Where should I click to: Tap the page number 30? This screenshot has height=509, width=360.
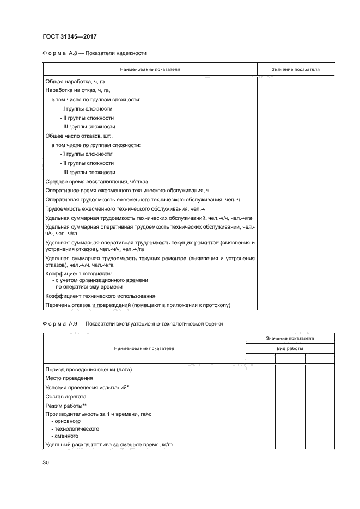pyautogui.click(x=46, y=463)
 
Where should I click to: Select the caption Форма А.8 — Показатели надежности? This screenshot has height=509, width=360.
pyautogui.click(x=94, y=53)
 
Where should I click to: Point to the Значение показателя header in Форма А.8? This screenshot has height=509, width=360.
pyautogui.click(x=295, y=70)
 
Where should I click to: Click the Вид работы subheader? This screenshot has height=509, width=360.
pyautogui.click(x=290, y=348)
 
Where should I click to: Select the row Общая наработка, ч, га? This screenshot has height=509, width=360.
pyautogui.click(x=75, y=82)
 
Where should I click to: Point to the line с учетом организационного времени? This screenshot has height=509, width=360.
pyautogui.click(x=99, y=280)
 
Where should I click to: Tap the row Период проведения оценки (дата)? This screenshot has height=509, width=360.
pyautogui.click(x=89, y=369)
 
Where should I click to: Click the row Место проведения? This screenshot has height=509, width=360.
pyautogui.click(x=69, y=378)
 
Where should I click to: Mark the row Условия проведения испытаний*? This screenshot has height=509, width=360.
pyautogui.click(x=87, y=387)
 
